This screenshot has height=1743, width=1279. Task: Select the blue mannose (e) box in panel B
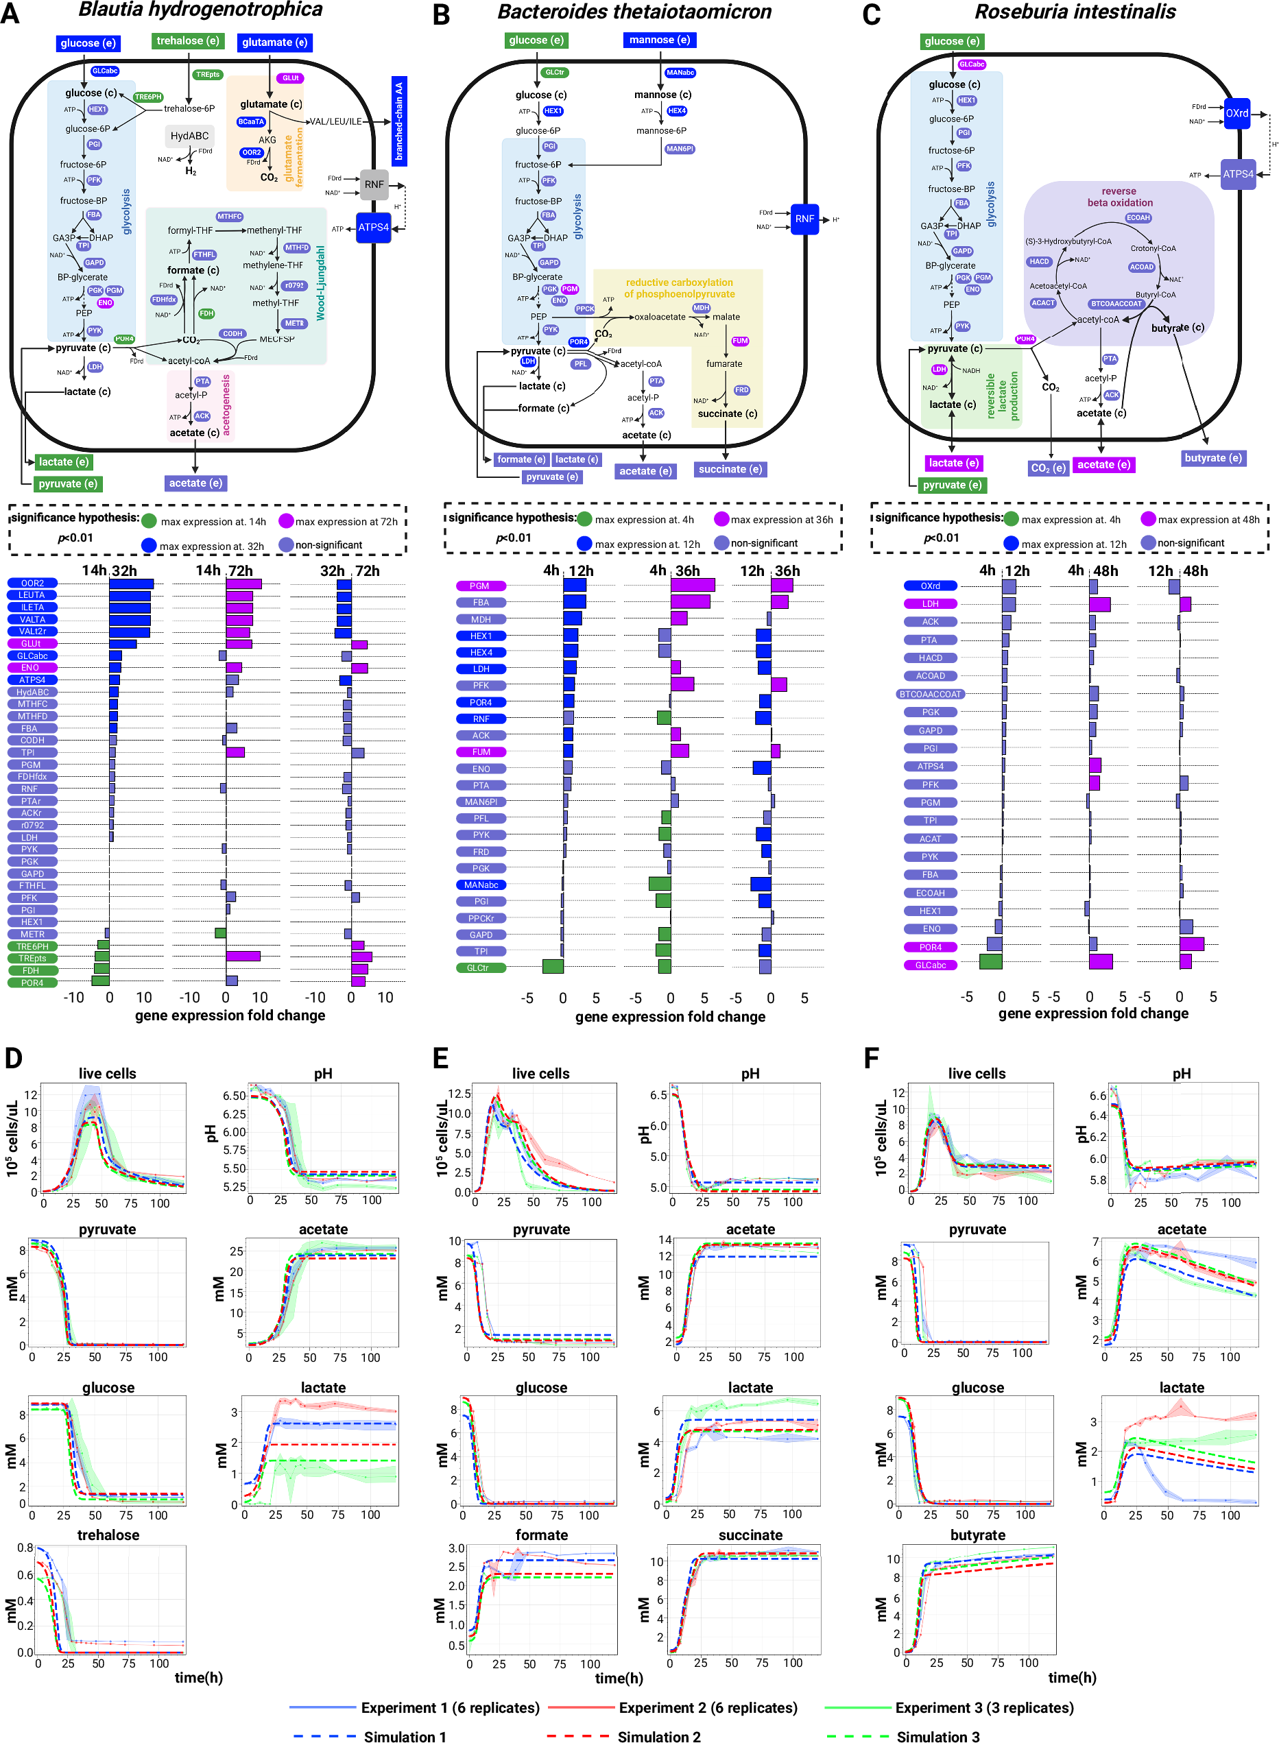tap(659, 40)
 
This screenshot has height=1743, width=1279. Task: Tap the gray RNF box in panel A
tap(374, 184)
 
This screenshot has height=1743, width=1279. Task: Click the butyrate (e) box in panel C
tap(1213, 457)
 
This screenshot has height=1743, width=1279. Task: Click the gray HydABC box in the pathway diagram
tap(190, 136)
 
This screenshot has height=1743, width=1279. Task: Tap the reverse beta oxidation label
tap(1119, 197)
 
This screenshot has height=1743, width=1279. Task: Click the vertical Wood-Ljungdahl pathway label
tap(320, 283)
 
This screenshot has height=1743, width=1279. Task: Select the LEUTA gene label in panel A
tap(32, 595)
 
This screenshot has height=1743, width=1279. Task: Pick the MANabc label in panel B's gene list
tap(481, 885)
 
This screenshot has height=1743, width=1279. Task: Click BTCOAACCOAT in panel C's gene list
tap(930, 695)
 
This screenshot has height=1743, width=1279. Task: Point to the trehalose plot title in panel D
tap(108, 1535)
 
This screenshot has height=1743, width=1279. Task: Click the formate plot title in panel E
tap(541, 1535)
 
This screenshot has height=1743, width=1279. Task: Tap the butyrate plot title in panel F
tap(977, 1535)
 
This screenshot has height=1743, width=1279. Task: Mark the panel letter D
tap(13, 1059)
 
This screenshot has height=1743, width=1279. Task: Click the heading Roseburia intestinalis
tap(1075, 12)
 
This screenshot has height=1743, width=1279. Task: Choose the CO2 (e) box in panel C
tap(1049, 468)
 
